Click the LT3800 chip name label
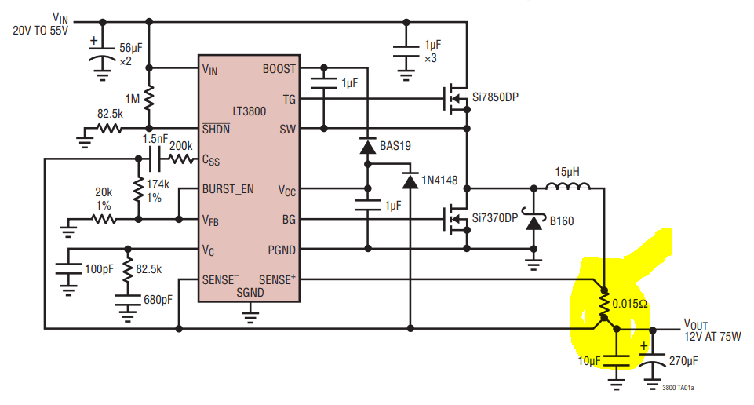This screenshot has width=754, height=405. point(249,111)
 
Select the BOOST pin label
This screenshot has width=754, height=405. point(279,69)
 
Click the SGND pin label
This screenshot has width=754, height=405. point(250,293)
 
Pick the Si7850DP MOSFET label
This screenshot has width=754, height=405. point(495,97)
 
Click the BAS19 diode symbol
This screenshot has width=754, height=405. point(366,147)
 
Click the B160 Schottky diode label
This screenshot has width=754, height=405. point(562,221)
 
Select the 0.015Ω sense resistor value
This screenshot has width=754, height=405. point(630,304)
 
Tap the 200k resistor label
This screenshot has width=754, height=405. point(180,145)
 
